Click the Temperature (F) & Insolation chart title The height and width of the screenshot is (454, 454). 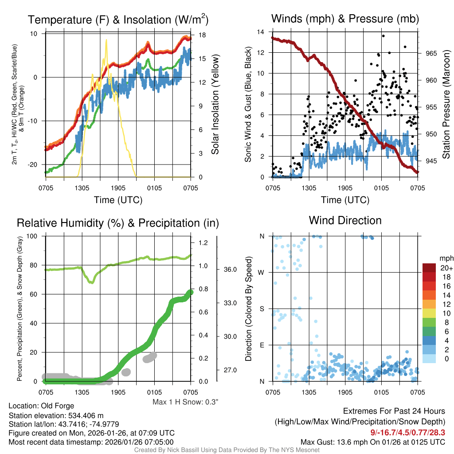(118, 20)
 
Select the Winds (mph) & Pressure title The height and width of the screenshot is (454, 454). (345, 19)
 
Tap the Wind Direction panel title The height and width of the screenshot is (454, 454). (345, 220)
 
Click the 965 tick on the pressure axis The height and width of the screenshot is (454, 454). (431, 53)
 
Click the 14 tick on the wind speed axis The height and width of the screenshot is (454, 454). (261, 32)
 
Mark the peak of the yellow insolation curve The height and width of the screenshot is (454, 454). (106, 40)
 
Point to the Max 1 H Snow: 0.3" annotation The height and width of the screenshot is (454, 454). (185, 402)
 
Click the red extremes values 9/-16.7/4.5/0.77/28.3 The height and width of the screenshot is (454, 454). (407, 432)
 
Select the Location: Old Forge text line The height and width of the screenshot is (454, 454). (41, 406)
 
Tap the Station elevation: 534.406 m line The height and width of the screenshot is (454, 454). (56, 415)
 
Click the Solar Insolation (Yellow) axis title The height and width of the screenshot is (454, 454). (215, 105)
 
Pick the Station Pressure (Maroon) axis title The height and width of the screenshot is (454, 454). (446, 105)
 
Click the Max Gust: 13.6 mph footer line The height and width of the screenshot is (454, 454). (372, 442)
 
